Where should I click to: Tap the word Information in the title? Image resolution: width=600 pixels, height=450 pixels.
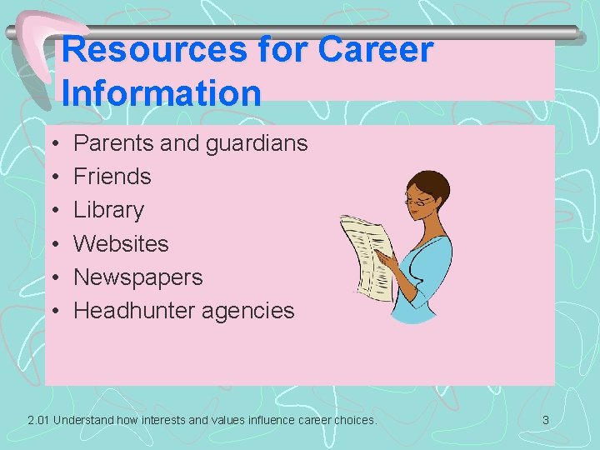pos(162,92)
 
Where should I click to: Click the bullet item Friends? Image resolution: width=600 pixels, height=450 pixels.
pos(112,177)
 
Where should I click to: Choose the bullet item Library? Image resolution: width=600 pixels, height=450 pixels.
pos(108,210)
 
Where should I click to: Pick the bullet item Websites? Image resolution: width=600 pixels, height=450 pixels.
pos(121,243)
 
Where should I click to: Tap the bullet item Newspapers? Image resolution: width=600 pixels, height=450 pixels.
pos(138,277)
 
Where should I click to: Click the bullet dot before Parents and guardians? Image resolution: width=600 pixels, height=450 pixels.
pos(53,144)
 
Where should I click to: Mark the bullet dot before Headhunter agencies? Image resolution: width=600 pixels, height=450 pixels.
pos(53,311)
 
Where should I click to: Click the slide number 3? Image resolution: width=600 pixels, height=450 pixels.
pos(546,420)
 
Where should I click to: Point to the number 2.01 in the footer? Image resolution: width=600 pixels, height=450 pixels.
pos(37,420)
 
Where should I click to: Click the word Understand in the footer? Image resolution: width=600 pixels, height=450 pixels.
pos(86,420)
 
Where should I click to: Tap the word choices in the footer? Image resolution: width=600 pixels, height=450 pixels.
pos(356,420)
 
